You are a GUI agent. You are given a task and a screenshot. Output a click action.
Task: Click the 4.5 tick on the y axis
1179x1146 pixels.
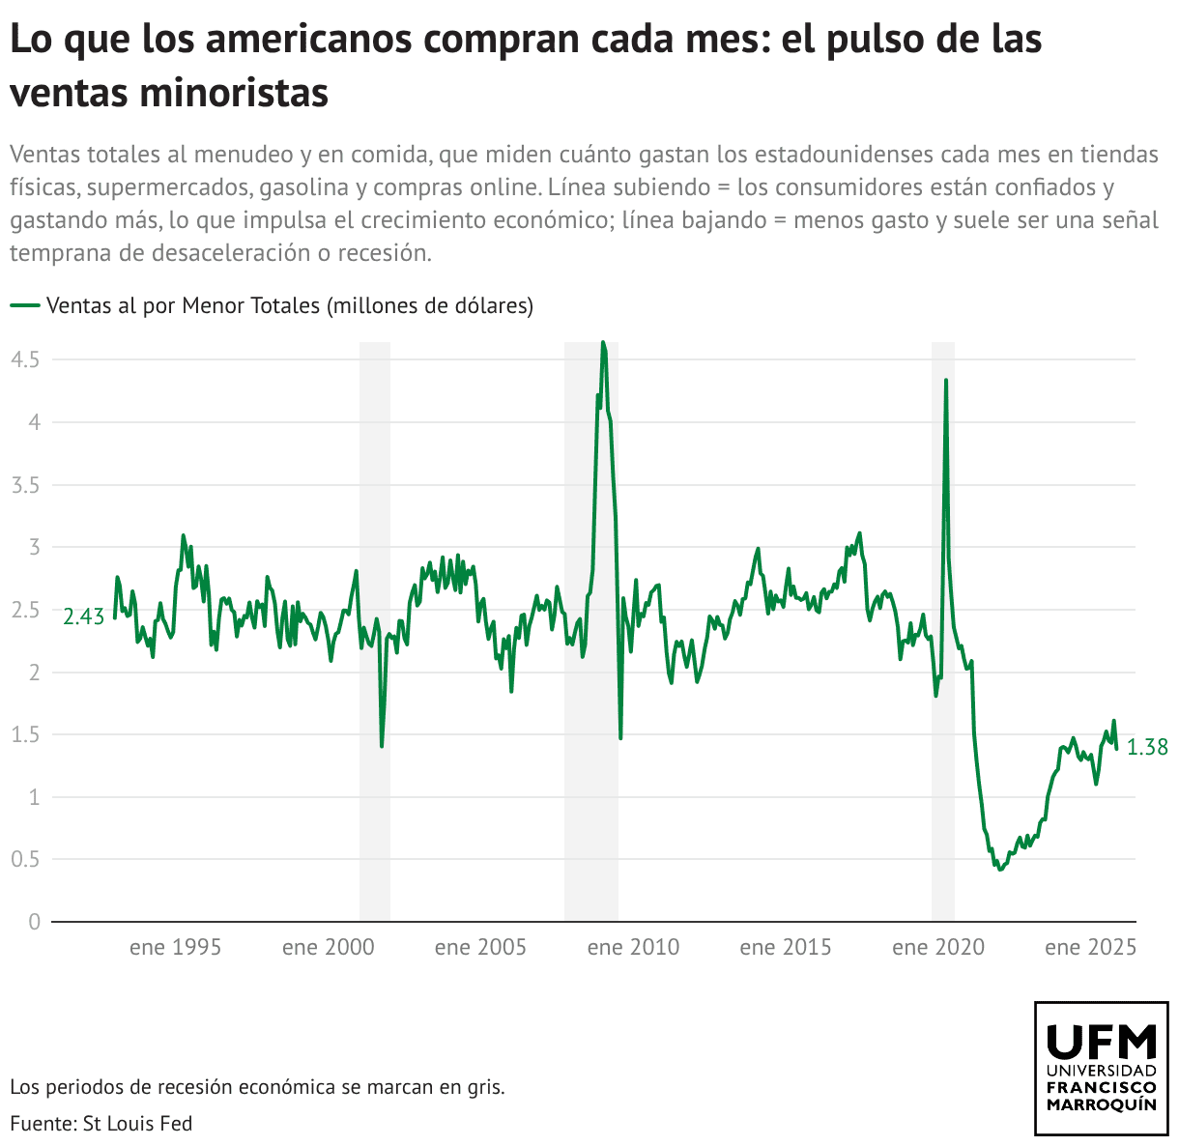(25, 359)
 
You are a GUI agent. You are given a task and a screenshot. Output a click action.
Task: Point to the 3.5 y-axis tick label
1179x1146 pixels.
(25, 485)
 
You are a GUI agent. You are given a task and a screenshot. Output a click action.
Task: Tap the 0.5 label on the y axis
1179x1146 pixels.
(25, 859)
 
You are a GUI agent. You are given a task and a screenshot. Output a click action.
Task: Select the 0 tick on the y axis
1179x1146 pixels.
(35, 922)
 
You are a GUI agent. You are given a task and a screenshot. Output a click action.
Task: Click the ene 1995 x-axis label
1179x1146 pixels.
(175, 947)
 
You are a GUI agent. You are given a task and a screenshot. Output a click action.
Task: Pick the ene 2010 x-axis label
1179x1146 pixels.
(633, 947)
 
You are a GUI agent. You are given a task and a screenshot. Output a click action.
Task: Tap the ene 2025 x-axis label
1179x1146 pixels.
(1090, 947)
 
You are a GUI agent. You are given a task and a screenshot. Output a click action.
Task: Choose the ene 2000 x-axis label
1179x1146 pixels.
(328, 947)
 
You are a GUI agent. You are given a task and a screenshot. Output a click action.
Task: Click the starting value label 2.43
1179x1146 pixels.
(83, 616)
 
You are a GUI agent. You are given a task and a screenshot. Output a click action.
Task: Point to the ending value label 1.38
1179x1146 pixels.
(1147, 747)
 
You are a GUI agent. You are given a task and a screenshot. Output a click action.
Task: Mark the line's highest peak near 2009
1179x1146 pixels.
(603, 342)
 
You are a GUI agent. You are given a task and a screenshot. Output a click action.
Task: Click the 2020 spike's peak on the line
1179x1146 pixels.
(945, 380)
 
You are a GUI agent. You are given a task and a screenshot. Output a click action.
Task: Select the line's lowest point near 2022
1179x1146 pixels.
(999, 870)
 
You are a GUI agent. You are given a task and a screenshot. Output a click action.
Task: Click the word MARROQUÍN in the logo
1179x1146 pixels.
(1102, 1104)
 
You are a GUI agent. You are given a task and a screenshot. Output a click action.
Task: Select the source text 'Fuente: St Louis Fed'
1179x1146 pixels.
(101, 1124)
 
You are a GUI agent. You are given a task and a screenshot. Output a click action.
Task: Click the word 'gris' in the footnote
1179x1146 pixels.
(486, 1087)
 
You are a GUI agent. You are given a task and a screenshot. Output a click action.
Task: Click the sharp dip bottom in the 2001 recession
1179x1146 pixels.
(382, 746)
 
